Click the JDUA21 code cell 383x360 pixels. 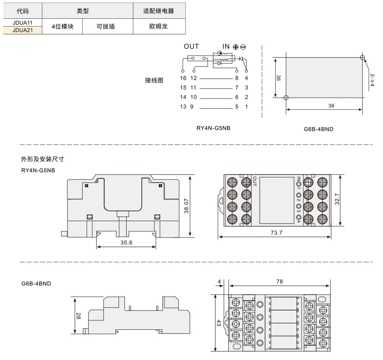(22, 30)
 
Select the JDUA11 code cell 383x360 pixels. (22, 23)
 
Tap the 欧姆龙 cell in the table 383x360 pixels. (158, 26)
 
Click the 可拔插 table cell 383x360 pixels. (105, 27)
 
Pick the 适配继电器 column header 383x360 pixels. (158, 11)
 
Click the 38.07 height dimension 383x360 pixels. (186, 206)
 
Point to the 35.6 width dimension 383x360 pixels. (126, 242)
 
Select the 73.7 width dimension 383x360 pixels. (276, 233)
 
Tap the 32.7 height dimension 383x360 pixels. (337, 199)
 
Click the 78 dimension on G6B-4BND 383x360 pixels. (279, 282)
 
